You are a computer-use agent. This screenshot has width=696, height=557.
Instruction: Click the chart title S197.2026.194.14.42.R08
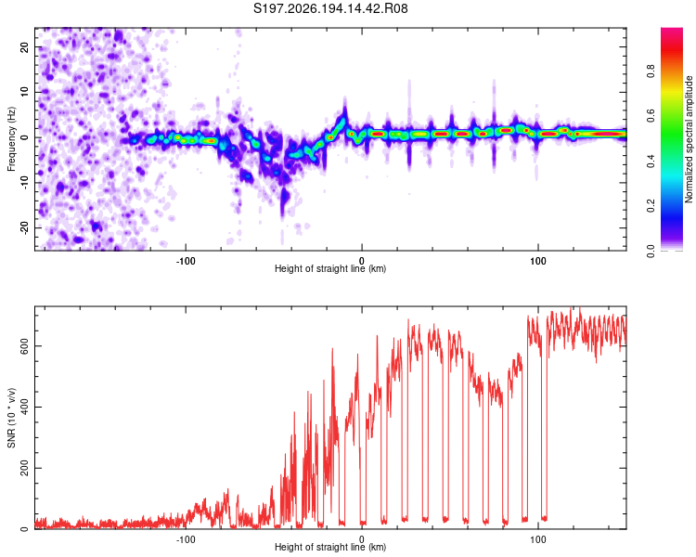pyautogui.click(x=330, y=8)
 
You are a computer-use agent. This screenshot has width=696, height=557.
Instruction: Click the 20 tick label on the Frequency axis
pyautogui.click(x=24, y=47)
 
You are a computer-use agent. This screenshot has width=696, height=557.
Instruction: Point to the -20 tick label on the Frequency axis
pyautogui.click(x=24, y=227)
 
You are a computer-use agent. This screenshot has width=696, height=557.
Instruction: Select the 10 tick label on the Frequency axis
pyautogui.click(x=24, y=92)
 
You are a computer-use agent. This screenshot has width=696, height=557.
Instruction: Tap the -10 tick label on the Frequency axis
pyautogui.click(x=24, y=183)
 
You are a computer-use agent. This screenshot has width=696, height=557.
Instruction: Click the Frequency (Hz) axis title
pyautogui.click(x=11, y=139)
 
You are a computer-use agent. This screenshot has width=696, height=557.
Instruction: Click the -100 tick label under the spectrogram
pyautogui.click(x=186, y=261)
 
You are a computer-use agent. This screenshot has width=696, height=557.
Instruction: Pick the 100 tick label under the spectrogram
pyautogui.click(x=538, y=261)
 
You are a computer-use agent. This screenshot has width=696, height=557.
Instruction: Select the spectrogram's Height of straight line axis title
pyautogui.click(x=330, y=268)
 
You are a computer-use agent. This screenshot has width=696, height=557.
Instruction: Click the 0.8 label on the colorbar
pyautogui.click(x=651, y=71)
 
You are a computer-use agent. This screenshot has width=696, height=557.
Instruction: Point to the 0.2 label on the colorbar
pyautogui.click(x=651, y=206)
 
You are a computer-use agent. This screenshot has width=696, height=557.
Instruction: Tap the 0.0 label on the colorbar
pyautogui.click(x=651, y=251)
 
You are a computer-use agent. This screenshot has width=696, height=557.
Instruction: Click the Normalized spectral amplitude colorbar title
pyautogui.click(x=689, y=139)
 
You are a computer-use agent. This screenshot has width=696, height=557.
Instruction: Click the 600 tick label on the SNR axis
pyautogui.click(x=24, y=346)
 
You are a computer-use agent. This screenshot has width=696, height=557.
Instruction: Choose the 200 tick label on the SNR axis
pyautogui.click(x=24, y=468)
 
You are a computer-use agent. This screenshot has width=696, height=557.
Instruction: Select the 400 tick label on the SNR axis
pyautogui.click(x=24, y=407)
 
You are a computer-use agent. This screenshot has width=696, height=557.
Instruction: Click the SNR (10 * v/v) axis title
pyautogui.click(x=11, y=418)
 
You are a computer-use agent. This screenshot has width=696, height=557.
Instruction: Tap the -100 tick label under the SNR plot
pyautogui.click(x=186, y=539)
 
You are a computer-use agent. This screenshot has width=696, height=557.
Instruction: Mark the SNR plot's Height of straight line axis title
pyautogui.click(x=330, y=547)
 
